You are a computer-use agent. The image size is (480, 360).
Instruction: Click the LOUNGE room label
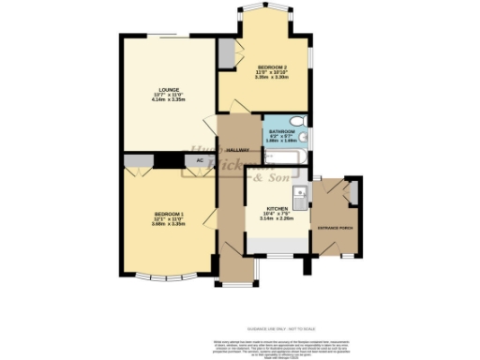[168, 89]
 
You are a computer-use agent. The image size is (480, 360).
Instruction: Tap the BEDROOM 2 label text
[271, 67]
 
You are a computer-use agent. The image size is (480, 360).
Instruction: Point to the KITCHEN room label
[276, 209]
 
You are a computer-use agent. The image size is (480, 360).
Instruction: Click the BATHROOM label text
[281, 131]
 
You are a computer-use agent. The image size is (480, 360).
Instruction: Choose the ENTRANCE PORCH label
[333, 227]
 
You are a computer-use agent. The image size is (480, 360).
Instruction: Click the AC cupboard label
[199, 160]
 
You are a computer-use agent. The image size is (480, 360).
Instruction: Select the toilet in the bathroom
[296, 120]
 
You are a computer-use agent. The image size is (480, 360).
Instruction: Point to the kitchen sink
[301, 195]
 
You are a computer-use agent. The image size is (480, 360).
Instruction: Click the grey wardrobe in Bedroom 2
[226, 53]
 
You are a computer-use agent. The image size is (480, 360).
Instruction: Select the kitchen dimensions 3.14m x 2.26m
[276, 219]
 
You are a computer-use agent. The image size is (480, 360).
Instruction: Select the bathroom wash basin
[307, 139]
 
